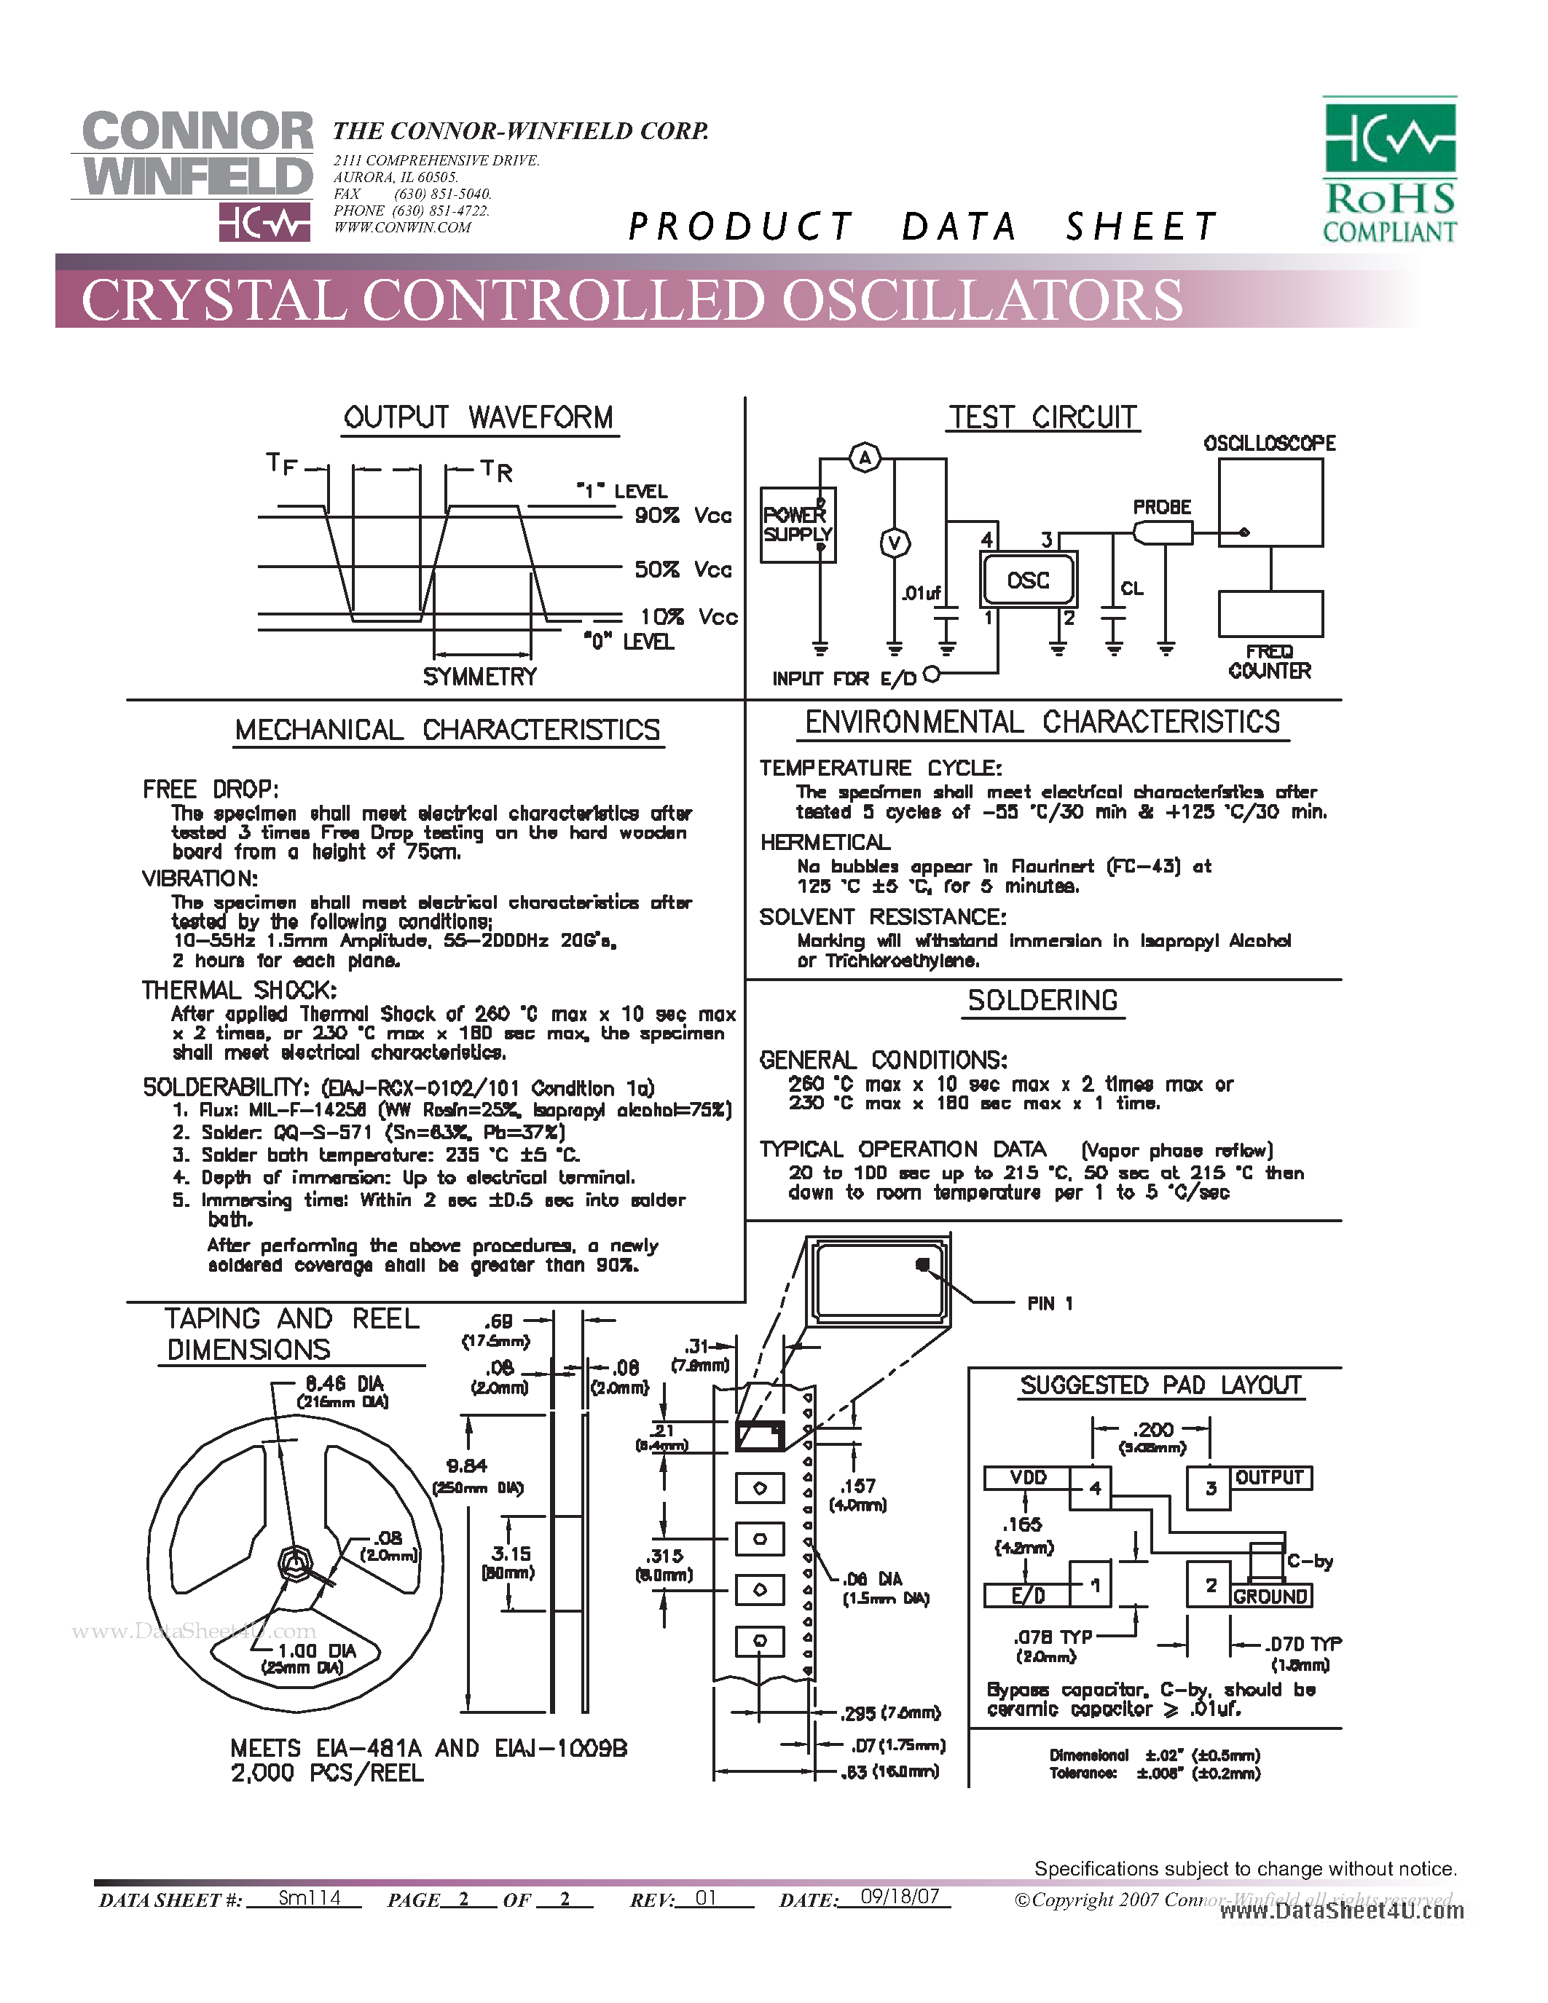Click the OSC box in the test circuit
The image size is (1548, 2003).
[x=1027, y=580]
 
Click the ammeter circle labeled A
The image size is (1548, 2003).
[x=865, y=457]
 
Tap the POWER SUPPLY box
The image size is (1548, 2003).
[x=798, y=524]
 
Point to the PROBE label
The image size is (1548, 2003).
[x=1161, y=507]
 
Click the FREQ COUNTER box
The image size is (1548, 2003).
[x=1270, y=613]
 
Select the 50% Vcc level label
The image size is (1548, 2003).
[x=683, y=570]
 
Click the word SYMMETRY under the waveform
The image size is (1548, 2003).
[x=479, y=677]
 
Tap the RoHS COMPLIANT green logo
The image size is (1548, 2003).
[x=1389, y=170]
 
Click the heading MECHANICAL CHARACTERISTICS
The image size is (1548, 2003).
[x=447, y=730]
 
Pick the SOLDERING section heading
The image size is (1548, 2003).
[x=1042, y=1001]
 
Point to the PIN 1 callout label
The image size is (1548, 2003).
[x=1049, y=1303]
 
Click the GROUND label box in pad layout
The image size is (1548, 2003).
[x=1270, y=1597]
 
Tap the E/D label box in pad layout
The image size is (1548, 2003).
[x=1027, y=1597]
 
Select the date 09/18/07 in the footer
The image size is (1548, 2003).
[x=900, y=1897]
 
